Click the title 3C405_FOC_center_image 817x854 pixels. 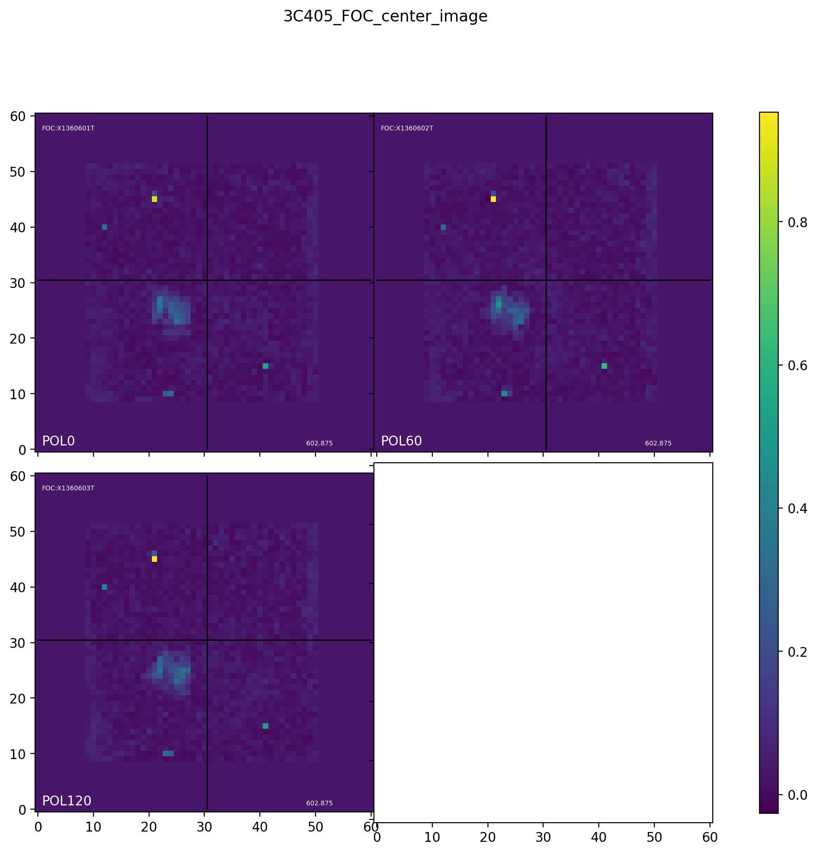pyautogui.click(x=385, y=17)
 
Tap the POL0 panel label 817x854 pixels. pyautogui.click(x=58, y=441)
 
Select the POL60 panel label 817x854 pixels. pyautogui.click(x=401, y=441)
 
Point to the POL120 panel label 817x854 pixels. pyautogui.click(x=66, y=801)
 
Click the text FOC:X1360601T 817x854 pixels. pyautogui.click(x=68, y=129)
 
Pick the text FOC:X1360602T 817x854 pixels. pyautogui.click(x=407, y=129)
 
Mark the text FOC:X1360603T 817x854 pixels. pyautogui.click(x=68, y=488)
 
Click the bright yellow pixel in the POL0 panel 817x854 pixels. pyautogui.click(x=154, y=199)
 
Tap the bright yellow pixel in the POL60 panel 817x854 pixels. pyautogui.click(x=493, y=199)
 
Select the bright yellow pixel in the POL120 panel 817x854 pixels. pyautogui.click(x=154, y=559)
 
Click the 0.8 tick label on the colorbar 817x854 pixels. pyautogui.click(x=797, y=222)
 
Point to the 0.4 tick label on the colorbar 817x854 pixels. pyautogui.click(x=797, y=509)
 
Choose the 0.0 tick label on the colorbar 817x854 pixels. pyautogui.click(x=797, y=795)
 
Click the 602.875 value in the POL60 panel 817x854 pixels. pyautogui.click(x=658, y=444)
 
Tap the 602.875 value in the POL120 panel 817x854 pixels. pyautogui.click(x=319, y=804)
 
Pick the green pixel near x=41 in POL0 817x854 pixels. pyautogui.click(x=265, y=366)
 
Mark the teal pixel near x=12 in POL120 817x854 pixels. pyautogui.click(x=104, y=587)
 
